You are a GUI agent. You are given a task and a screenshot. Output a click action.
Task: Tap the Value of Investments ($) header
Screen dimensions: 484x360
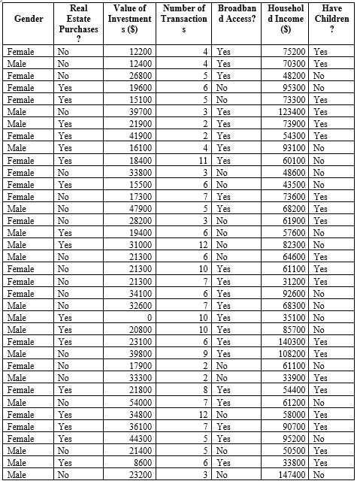pyautogui.click(x=129, y=18)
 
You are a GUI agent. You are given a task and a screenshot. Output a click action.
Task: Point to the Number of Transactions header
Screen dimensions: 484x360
pyautogui.click(x=183, y=18)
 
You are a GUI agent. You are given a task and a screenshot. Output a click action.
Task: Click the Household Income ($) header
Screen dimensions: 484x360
pyautogui.click(x=285, y=18)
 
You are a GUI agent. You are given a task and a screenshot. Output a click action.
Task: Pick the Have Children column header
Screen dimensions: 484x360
pyautogui.click(x=331, y=18)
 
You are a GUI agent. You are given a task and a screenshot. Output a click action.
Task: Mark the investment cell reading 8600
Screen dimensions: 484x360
pyautogui.click(x=143, y=463)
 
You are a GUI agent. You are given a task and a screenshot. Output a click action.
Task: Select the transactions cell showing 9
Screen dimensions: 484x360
pyautogui.click(x=204, y=353)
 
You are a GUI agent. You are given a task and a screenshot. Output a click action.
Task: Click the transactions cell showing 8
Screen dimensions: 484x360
pyautogui.click(x=204, y=390)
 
